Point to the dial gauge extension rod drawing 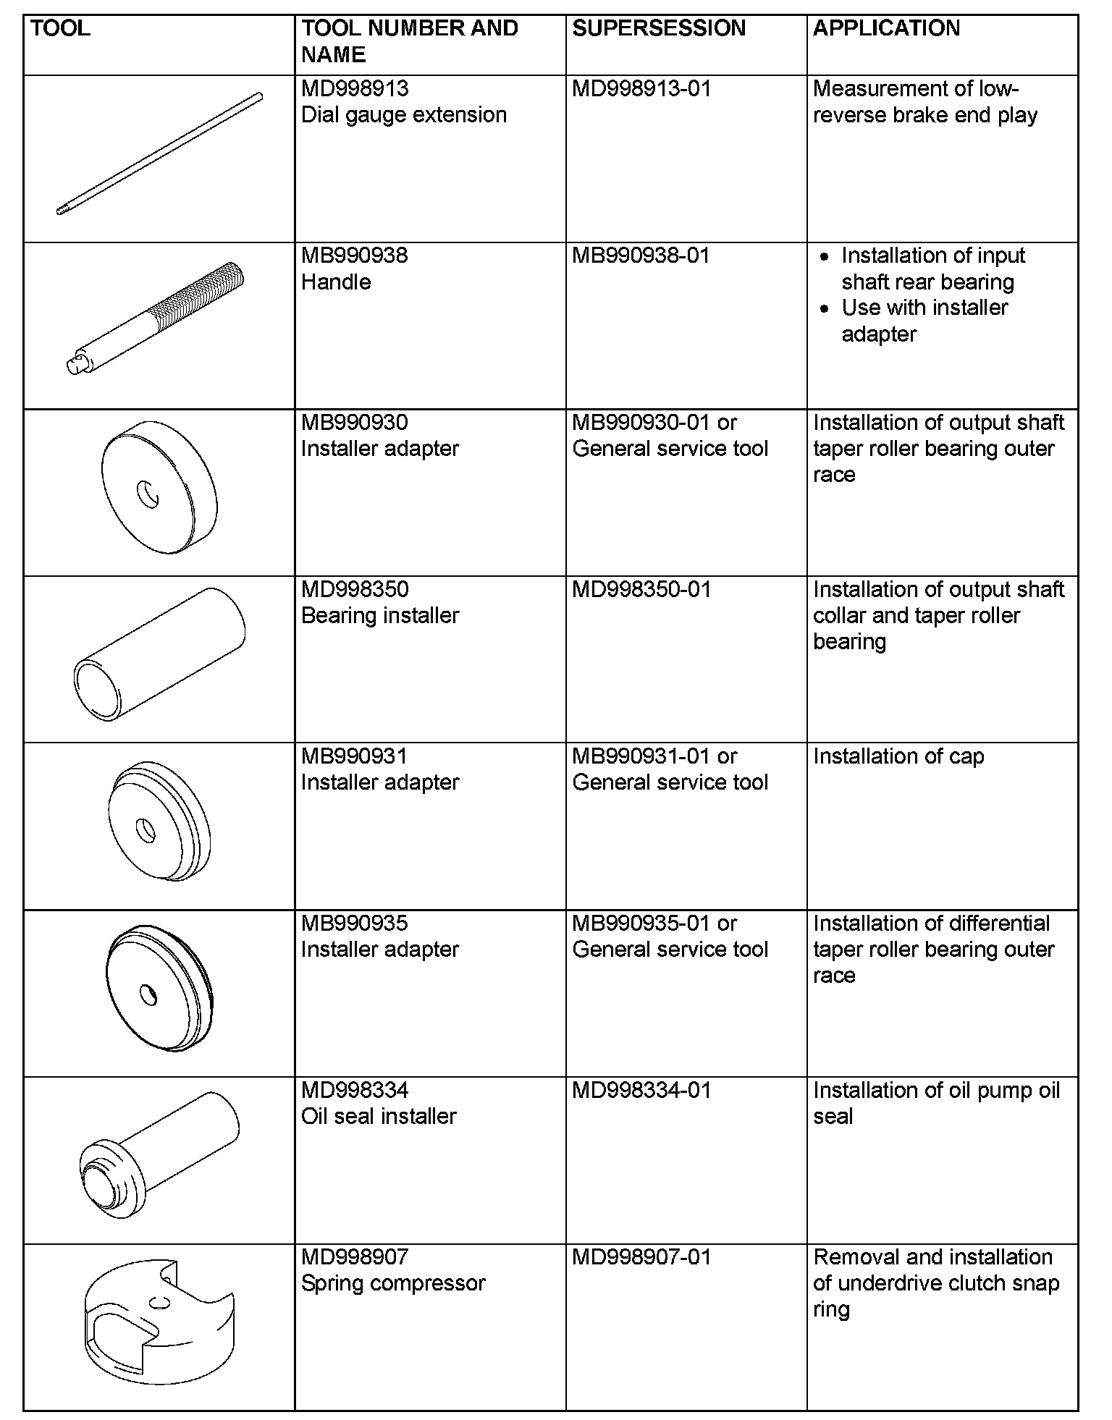tap(159, 154)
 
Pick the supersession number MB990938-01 tap(641, 255)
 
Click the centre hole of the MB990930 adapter tap(150, 494)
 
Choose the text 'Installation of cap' tap(898, 756)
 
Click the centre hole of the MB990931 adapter tap(147, 830)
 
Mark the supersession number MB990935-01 tap(641, 924)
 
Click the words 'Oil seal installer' tap(379, 1116)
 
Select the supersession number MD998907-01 tap(641, 1257)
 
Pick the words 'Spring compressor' tap(393, 1283)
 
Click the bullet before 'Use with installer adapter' tap(825, 308)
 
